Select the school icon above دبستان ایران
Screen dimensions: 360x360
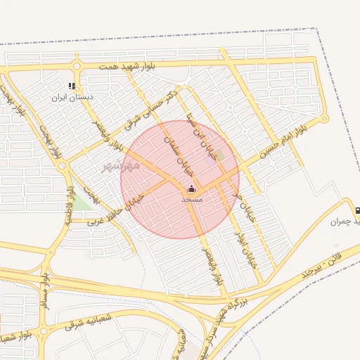(72, 86)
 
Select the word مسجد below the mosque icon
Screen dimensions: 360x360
(192, 200)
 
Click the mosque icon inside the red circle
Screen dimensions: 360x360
(192, 189)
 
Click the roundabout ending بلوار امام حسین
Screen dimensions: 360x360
(325, 119)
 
